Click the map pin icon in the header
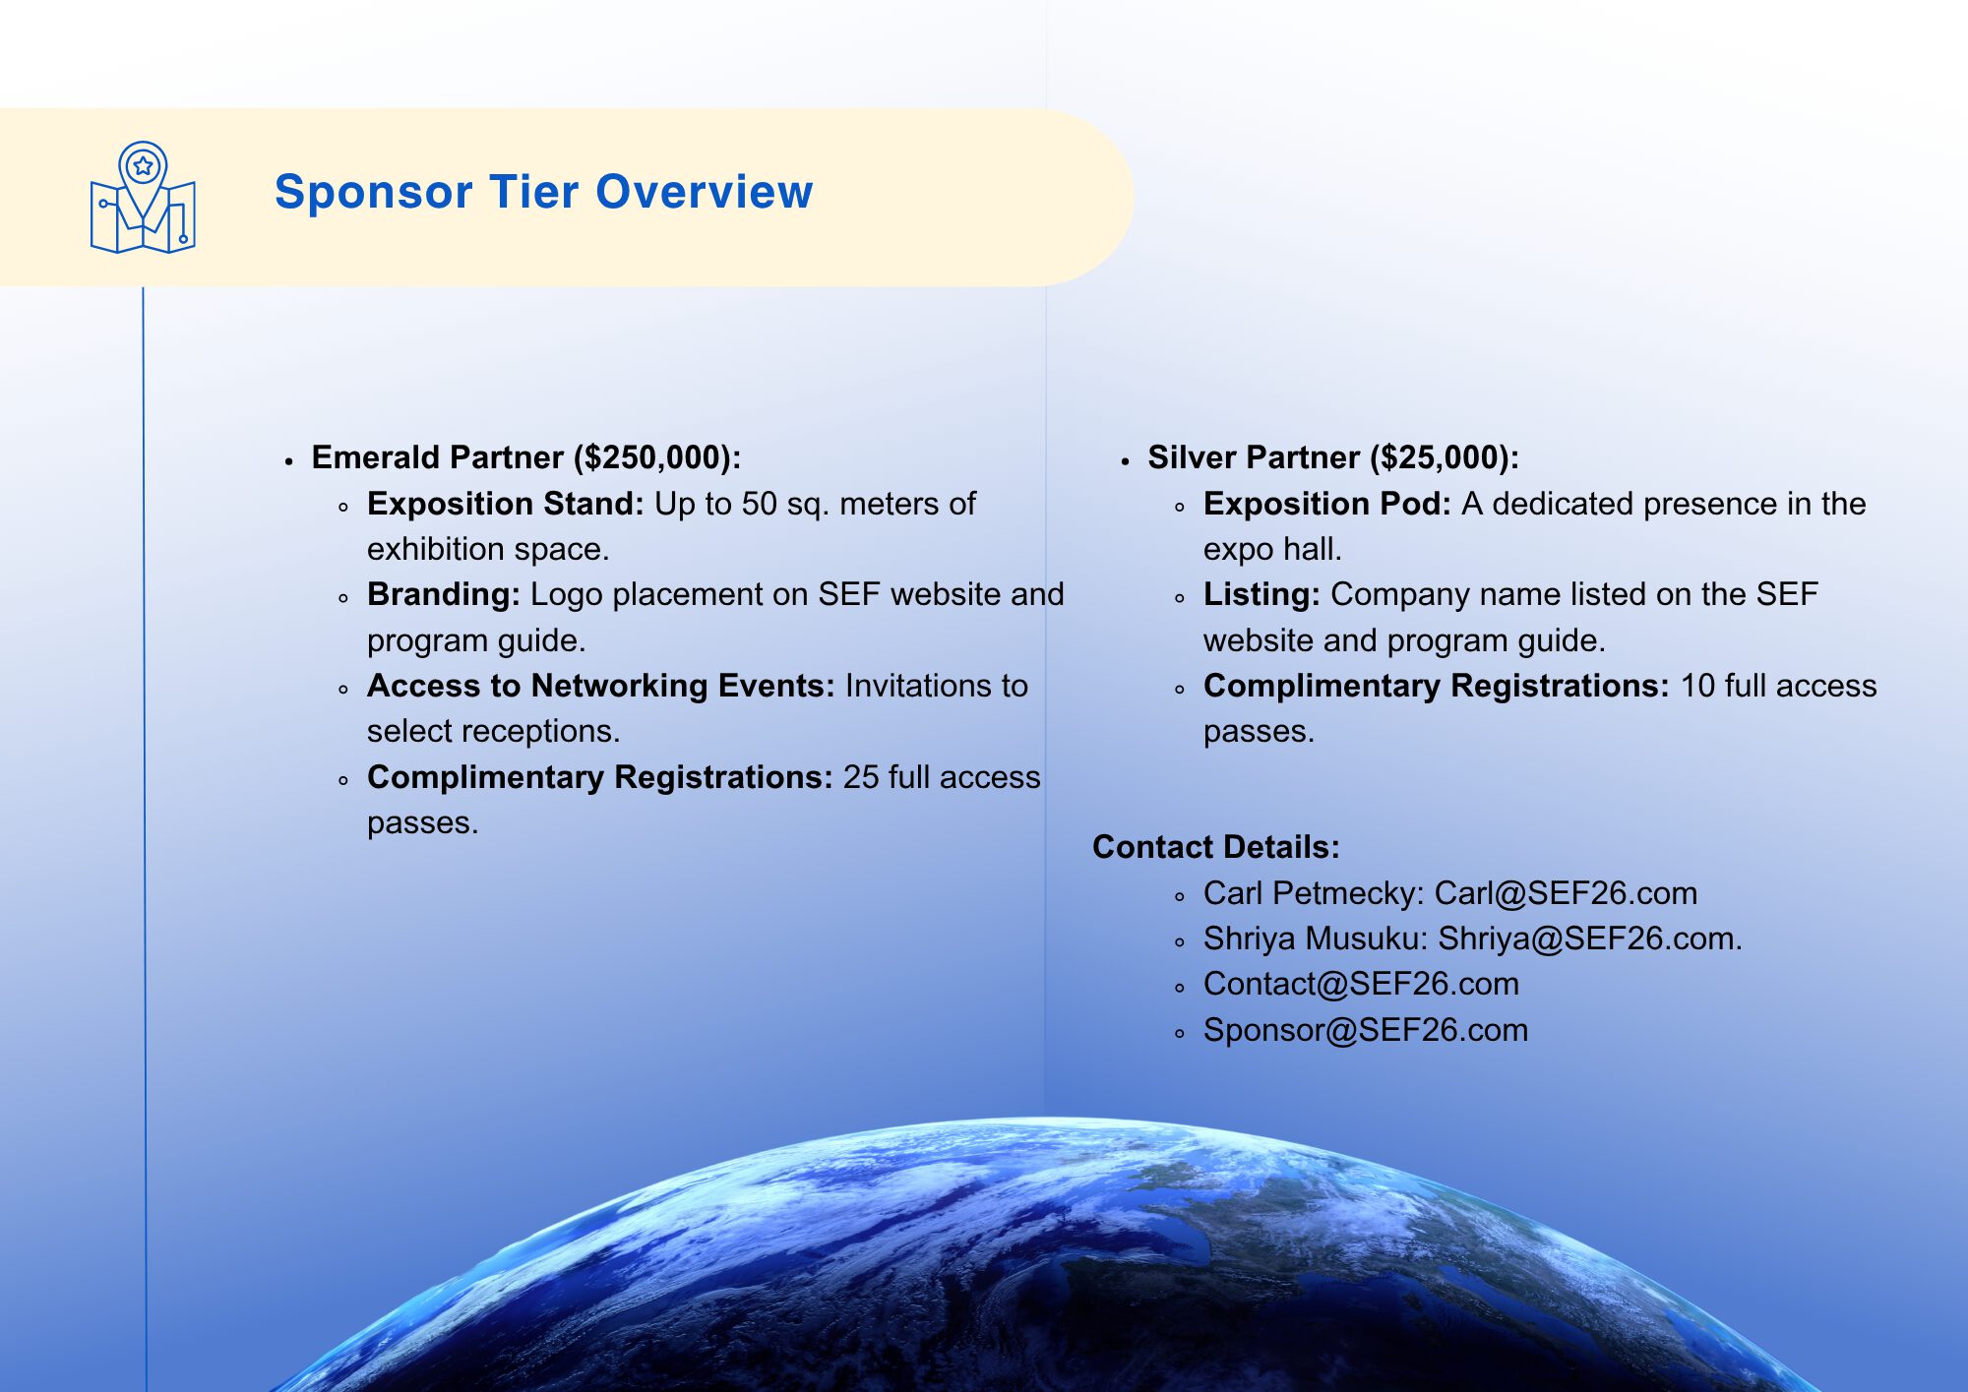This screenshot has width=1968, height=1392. (143, 198)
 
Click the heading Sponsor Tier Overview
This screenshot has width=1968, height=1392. (543, 192)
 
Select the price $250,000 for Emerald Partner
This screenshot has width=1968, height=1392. (652, 457)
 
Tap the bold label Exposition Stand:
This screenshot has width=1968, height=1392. (506, 504)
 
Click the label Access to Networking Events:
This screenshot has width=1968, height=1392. (601, 686)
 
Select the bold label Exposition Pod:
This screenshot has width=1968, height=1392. (1327, 504)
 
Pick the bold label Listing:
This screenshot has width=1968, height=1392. (1261, 594)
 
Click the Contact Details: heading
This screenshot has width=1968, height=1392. (1216, 847)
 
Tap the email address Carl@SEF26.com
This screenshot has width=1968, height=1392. (1566, 893)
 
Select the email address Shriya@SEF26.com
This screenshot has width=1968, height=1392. (1585, 938)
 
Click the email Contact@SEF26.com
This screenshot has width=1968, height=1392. (1361, 984)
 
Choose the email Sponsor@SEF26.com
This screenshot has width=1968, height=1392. (1366, 1030)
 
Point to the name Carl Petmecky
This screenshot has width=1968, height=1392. (1309, 893)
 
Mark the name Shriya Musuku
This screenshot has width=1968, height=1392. (1311, 938)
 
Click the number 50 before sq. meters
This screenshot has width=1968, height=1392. (759, 504)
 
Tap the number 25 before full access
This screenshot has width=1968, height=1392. (861, 777)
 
